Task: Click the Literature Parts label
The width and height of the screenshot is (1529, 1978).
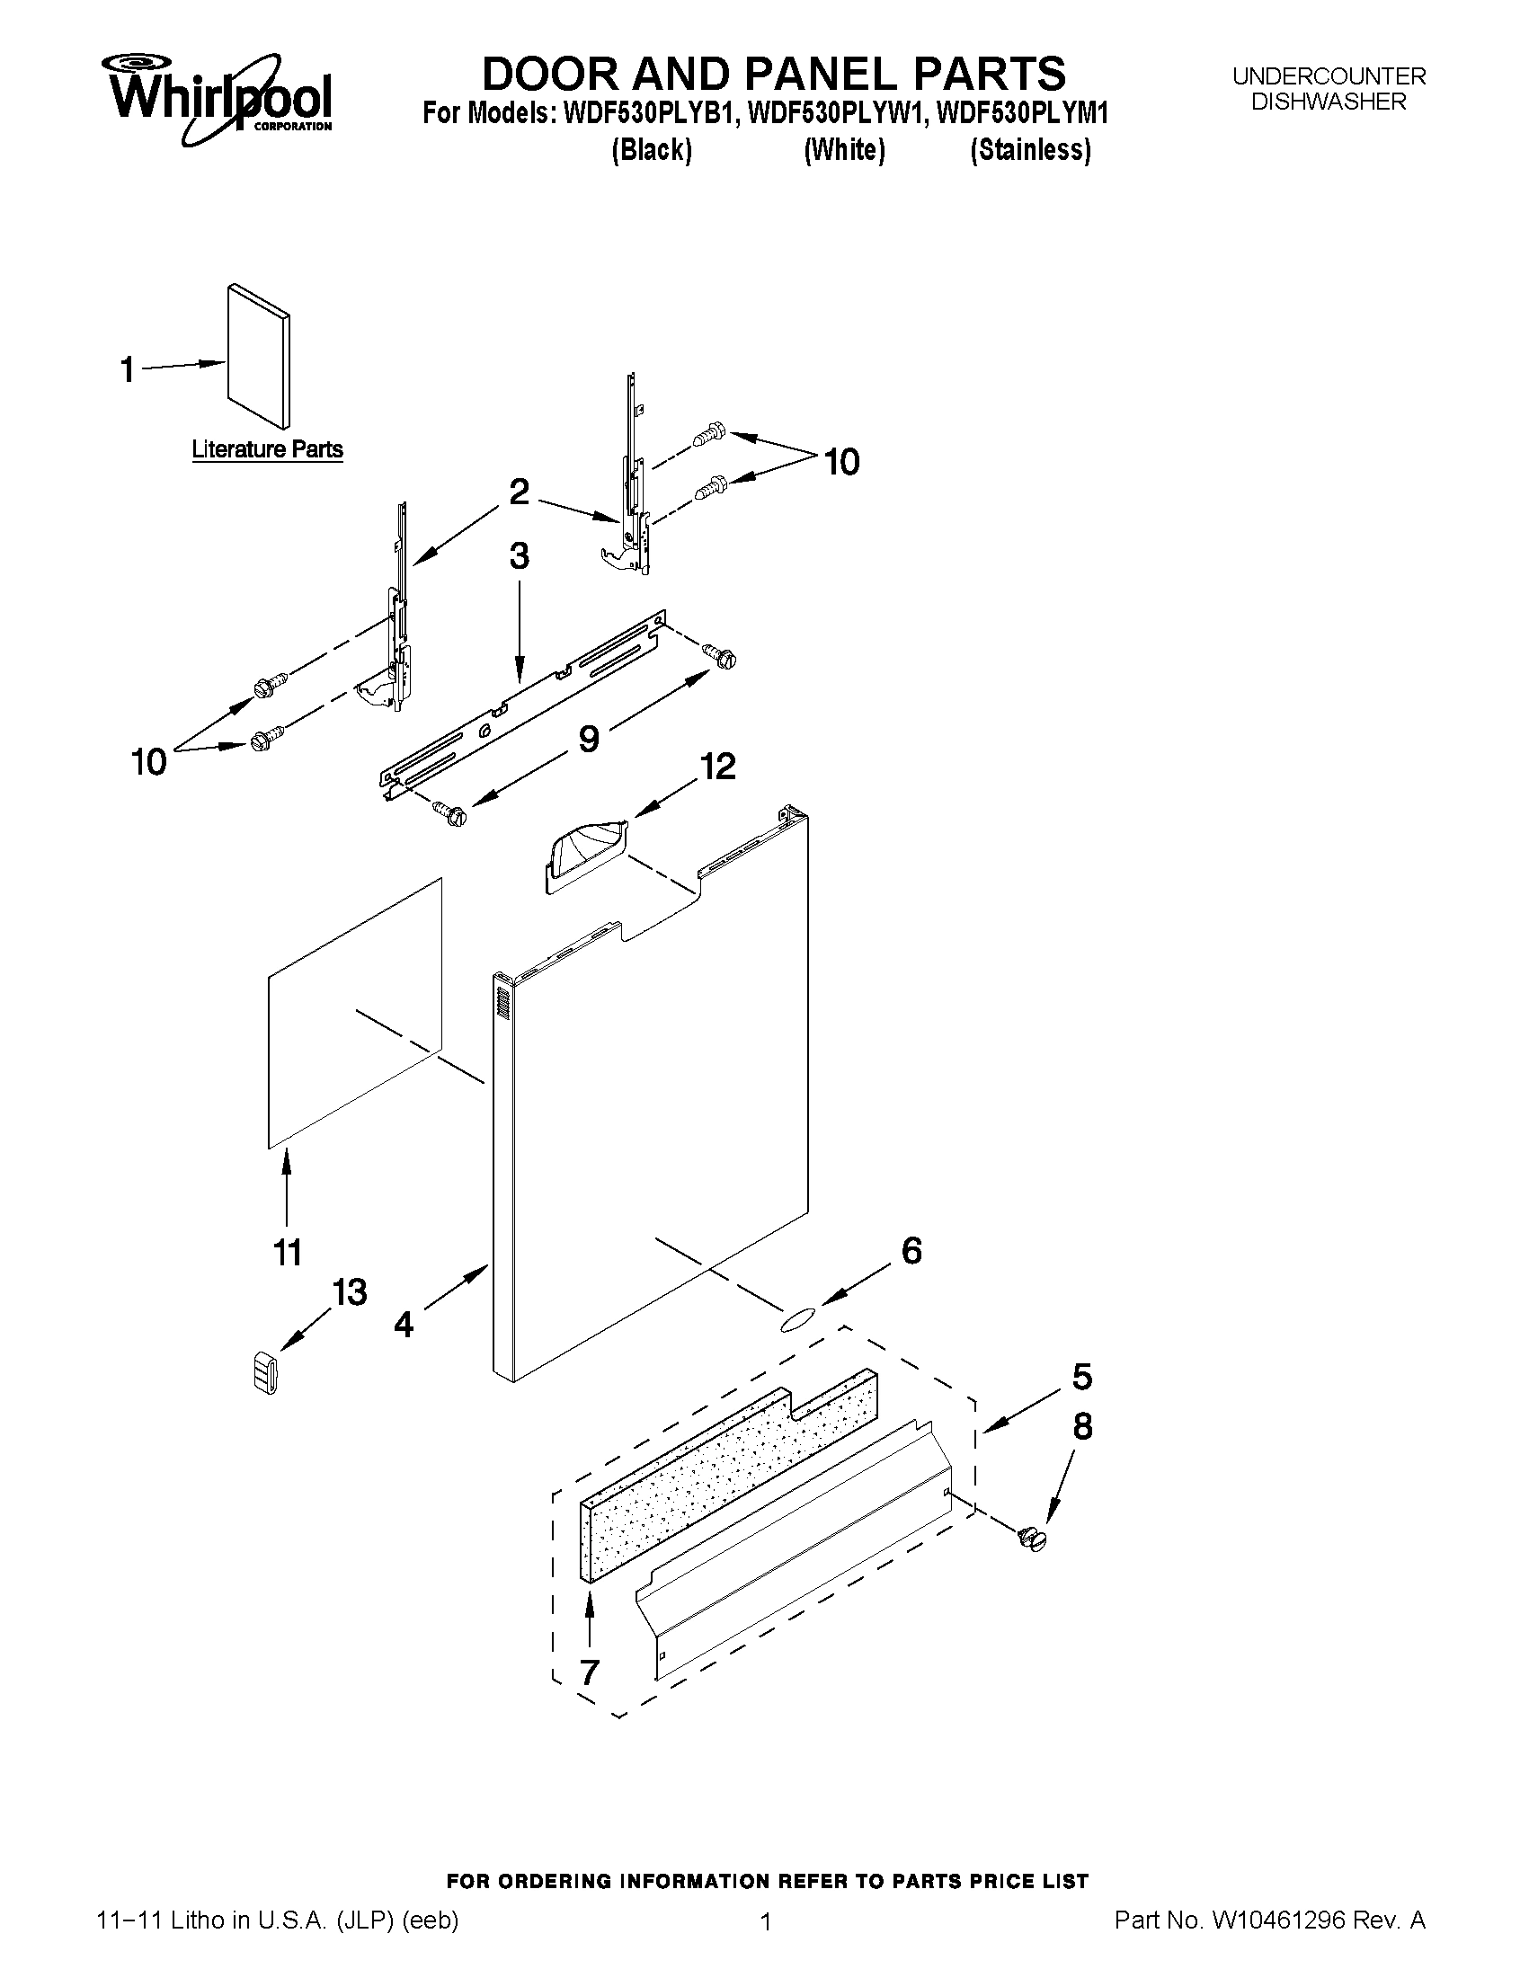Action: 266,449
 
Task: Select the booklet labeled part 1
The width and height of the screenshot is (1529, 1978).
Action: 259,356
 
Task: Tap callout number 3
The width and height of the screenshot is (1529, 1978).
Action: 518,555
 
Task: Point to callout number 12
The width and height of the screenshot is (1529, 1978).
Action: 716,767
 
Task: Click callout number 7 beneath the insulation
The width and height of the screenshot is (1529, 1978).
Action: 590,1672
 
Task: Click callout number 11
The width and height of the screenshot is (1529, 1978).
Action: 287,1253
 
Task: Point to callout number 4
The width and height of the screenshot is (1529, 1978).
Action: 403,1324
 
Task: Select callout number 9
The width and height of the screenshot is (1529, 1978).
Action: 588,739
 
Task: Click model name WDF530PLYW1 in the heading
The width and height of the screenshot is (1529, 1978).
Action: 832,114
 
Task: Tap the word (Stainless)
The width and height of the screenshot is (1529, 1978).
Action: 1030,149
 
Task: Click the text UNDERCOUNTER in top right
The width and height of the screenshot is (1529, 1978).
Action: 1328,76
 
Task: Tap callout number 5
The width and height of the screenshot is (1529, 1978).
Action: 1081,1377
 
